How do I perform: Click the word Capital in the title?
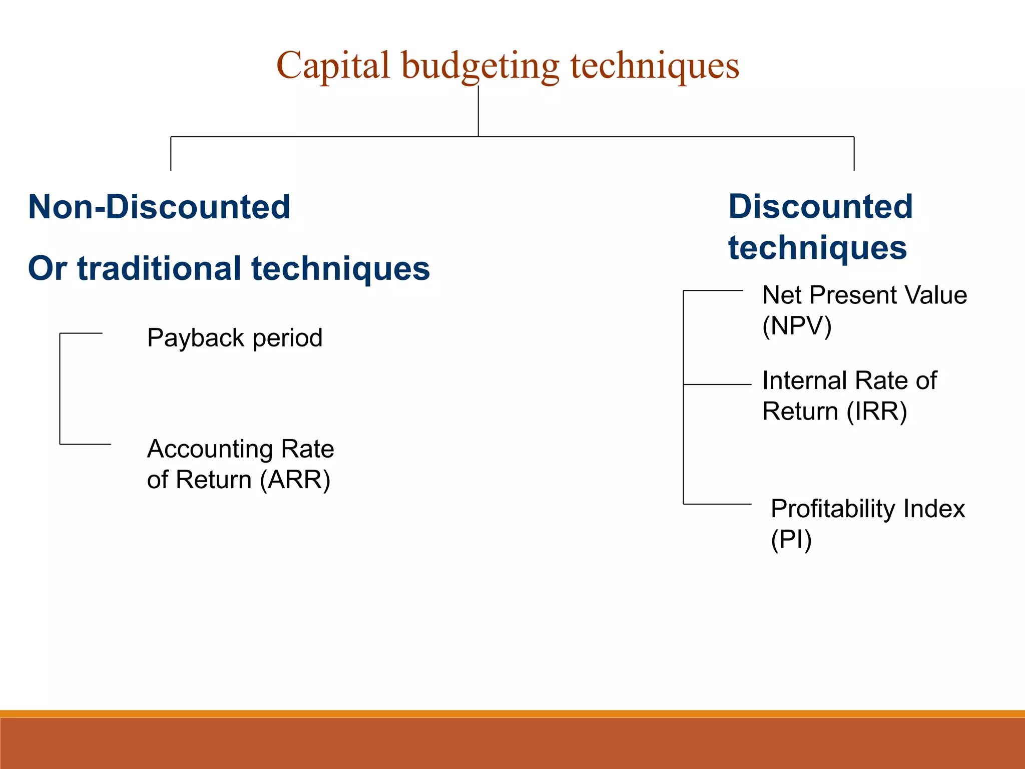(x=333, y=66)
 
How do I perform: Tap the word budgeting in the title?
(x=480, y=67)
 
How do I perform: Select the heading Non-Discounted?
(x=159, y=207)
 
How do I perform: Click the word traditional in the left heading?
(x=159, y=268)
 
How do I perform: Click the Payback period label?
(x=234, y=338)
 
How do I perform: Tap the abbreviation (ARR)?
(x=295, y=480)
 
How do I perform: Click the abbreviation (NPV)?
(x=797, y=326)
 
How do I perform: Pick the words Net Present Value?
(x=864, y=295)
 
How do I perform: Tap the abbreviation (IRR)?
(x=877, y=412)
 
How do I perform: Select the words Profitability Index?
(x=867, y=509)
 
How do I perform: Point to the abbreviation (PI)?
(x=791, y=540)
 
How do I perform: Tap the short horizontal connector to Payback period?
(x=81, y=333)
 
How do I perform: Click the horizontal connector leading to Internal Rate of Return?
(x=717, y=384)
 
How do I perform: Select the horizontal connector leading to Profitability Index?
(x=717, y=504)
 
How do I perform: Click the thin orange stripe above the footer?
(x=512, y=713)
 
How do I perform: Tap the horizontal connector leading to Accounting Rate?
(x=85, y=444)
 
